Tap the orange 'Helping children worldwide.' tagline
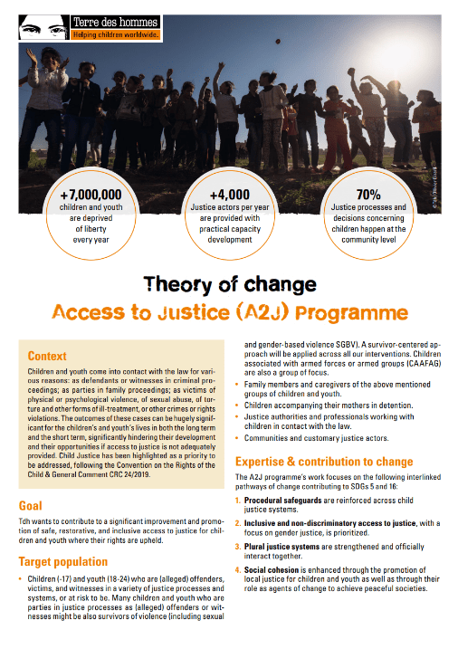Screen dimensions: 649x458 click(117, 34)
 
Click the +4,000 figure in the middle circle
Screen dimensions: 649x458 click(230, 196)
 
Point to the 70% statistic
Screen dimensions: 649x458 click(367, 196)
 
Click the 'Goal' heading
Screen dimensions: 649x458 click(31, 504)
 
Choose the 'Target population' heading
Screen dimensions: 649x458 click(63, 561)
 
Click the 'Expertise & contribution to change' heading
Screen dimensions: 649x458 click(324, 462)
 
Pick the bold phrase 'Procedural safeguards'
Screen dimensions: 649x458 click(283, 499)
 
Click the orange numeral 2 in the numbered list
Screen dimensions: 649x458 click(238, 524)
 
